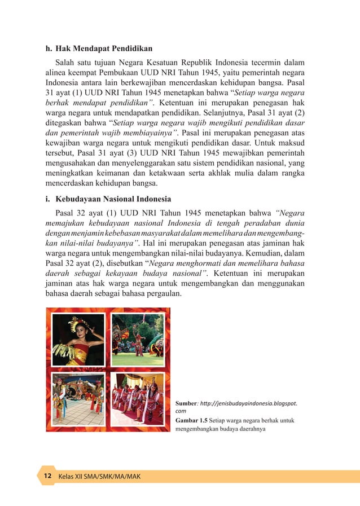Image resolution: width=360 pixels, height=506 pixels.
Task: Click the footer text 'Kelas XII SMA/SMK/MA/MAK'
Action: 99,477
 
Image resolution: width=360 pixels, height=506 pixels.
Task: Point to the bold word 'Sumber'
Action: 186,404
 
